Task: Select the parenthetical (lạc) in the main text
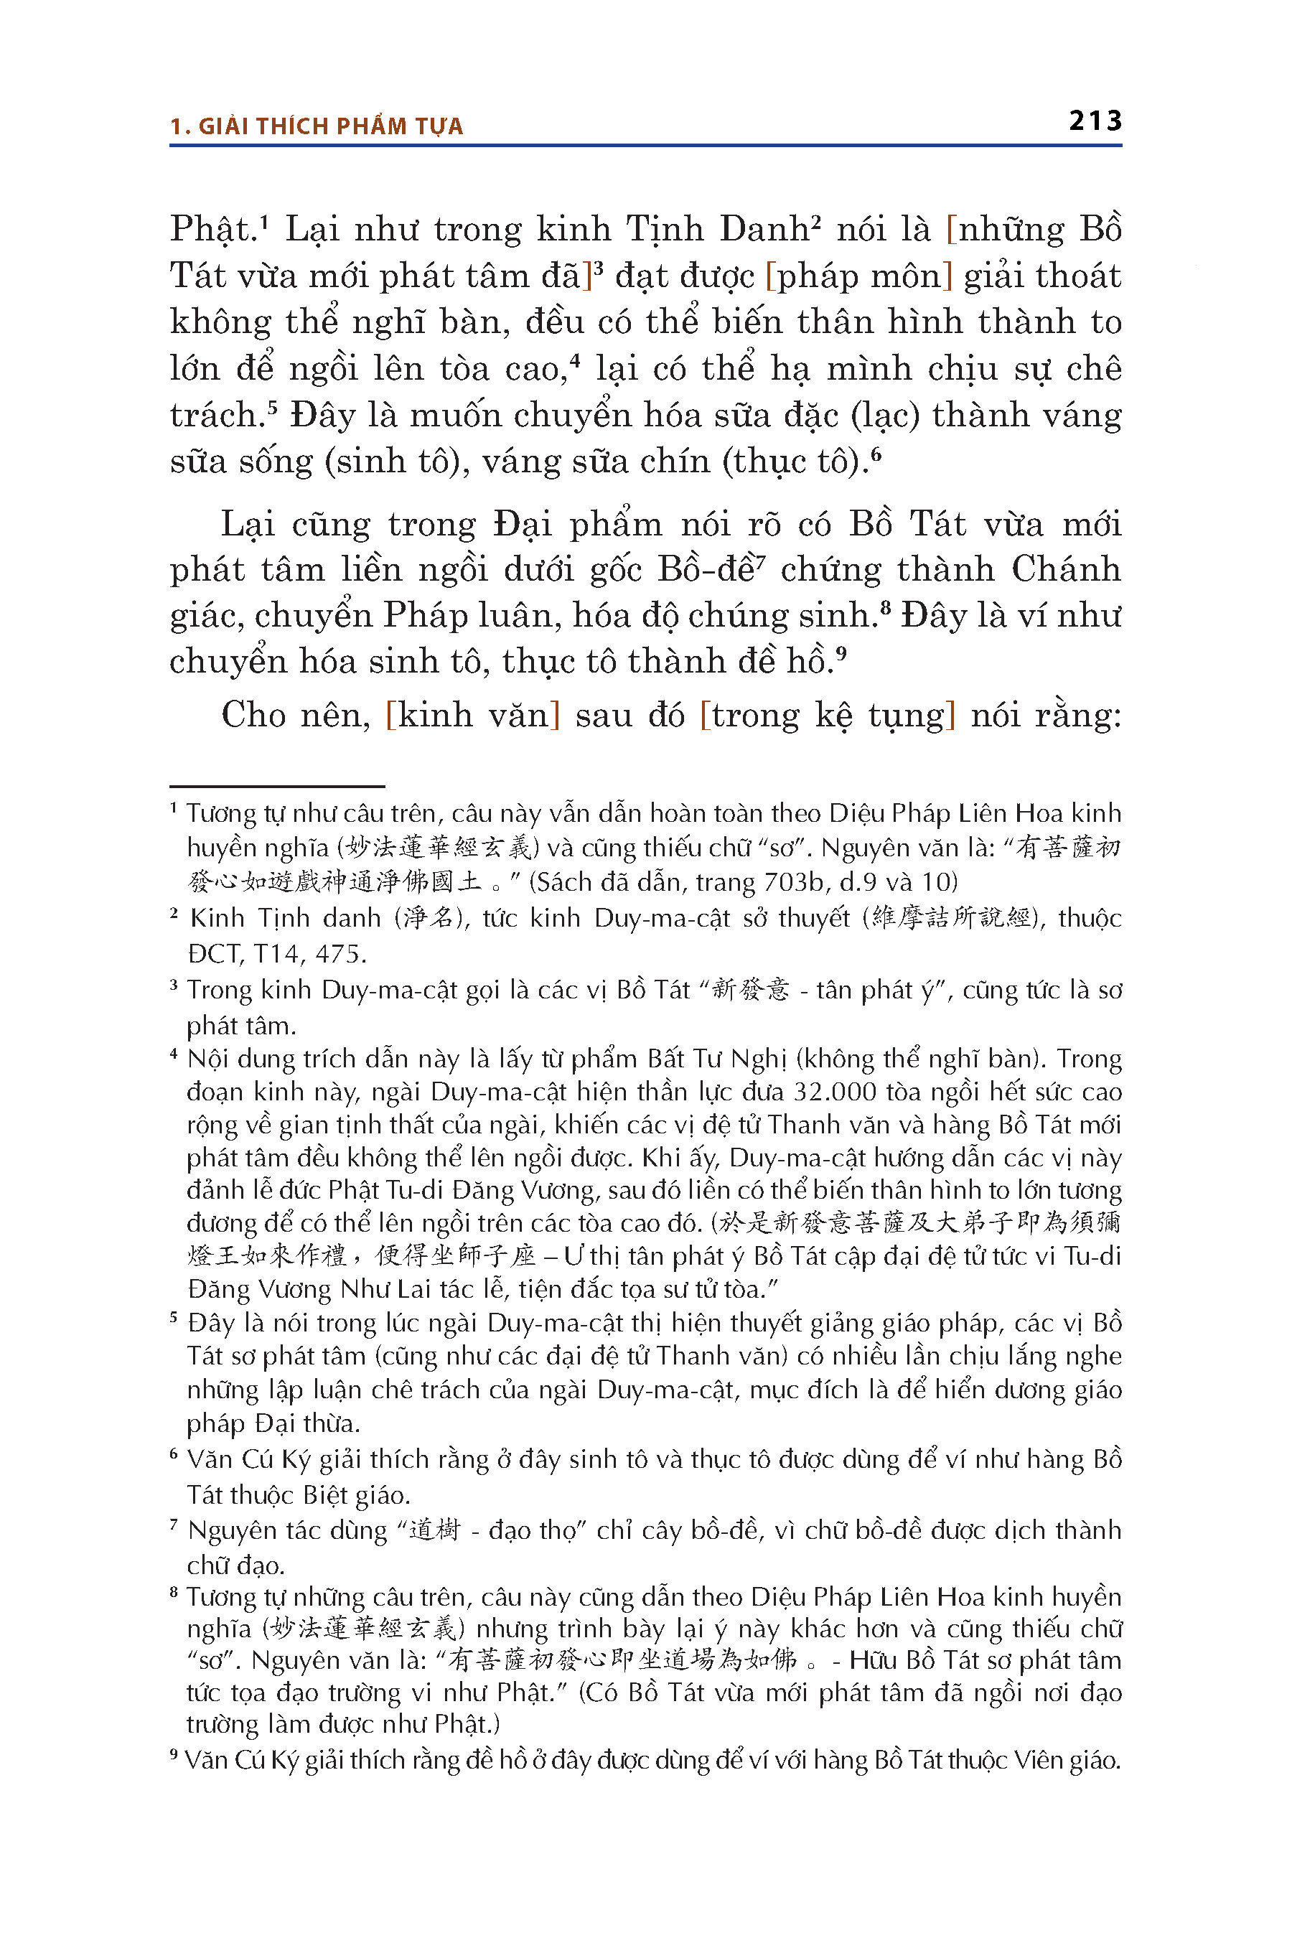click(884, 416)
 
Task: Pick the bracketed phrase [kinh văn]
click(473, 715)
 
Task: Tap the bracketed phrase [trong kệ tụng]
click(828, 715)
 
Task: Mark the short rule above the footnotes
click(277, 787)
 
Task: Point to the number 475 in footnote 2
click(340, 954)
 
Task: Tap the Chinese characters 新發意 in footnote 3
click(750, 989)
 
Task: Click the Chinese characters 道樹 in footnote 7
click(433, 1530)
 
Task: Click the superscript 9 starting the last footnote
click(174, 1755)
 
